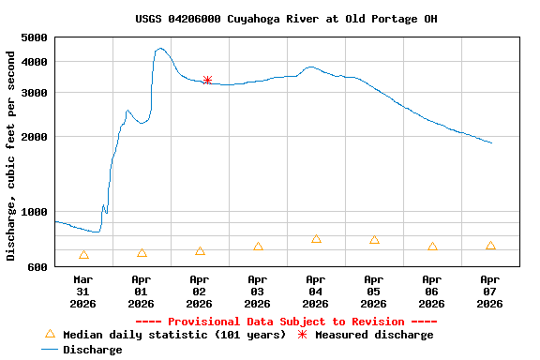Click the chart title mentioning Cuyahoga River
point(286,19)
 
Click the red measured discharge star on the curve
point(207,81)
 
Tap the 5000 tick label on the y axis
point(34,37)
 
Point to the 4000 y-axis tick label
point(34,62)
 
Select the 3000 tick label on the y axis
point(34,93)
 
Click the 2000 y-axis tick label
point(34,137)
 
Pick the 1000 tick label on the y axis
point(34,212)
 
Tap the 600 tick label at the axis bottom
point(37,267)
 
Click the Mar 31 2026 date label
point(83,291)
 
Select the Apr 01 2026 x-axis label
point(142,291)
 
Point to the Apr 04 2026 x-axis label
point(316,291)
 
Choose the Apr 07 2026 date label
point(490,291)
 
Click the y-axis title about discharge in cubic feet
point(11,155)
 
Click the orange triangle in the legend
point(51,334)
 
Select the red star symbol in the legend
point(302,335)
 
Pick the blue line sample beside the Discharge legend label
point(51,350)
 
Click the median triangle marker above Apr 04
point(316,239)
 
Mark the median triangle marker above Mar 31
point(83,254)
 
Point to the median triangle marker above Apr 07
point(490,246)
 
